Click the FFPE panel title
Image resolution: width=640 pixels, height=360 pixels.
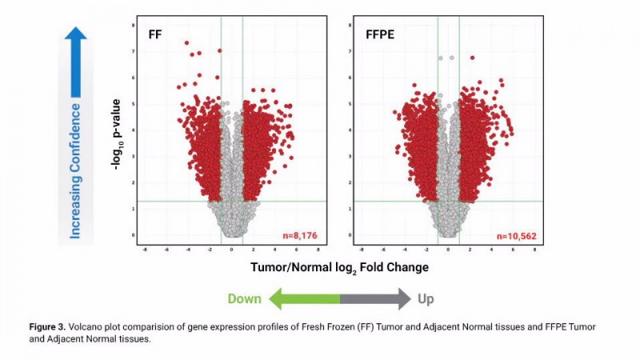point(378,35)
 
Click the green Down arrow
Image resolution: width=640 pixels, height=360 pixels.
point(304,299)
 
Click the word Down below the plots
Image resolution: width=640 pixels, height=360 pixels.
point(245,299)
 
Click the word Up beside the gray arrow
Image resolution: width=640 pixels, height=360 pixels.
point(426,299)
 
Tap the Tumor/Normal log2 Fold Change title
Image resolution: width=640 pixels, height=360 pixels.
point(340,266)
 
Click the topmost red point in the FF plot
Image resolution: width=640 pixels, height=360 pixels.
point(187,43)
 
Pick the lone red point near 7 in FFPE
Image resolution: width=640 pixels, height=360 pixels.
point(472,58)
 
